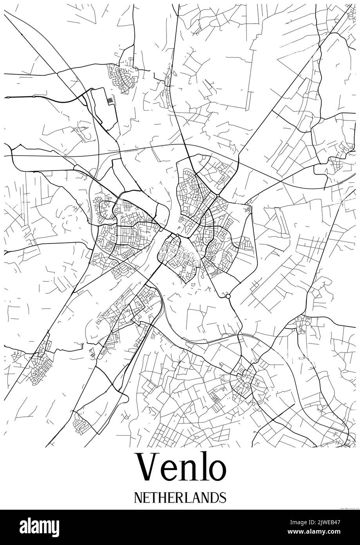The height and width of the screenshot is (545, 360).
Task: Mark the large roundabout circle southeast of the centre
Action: tap(228, 297)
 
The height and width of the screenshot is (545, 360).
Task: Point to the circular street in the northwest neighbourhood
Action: tap(121, 86)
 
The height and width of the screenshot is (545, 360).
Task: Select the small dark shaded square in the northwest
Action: tap(110, 102)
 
